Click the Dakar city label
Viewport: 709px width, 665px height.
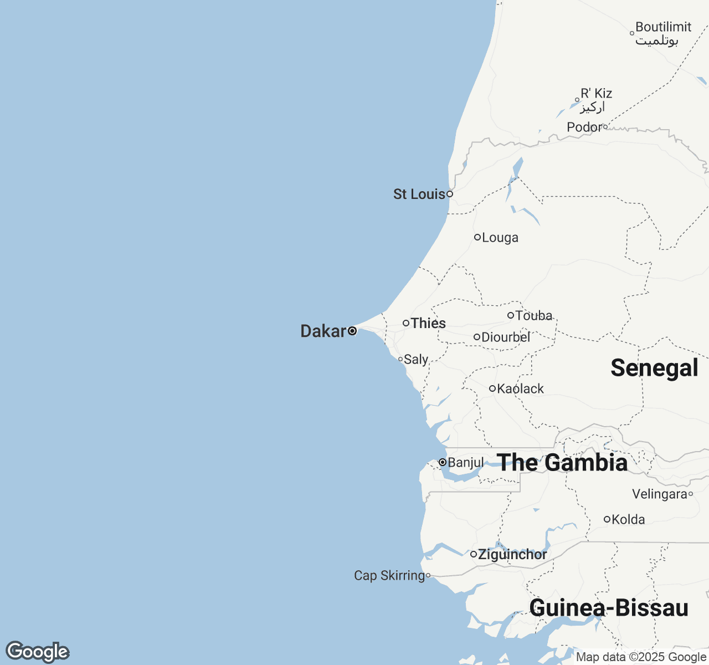tap(323, 331)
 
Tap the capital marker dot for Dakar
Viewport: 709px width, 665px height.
tap(352, 331)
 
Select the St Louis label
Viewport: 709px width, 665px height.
tap(419, 194)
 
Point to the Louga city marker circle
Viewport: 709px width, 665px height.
tap(477, 237)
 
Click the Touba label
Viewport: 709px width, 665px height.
tap(534, 316)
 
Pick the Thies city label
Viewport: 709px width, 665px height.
tap(428, 323)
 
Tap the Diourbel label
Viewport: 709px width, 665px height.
tap(506, 337)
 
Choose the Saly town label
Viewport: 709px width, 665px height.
tap(416, 360)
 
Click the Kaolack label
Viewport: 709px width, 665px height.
tap(520, 389)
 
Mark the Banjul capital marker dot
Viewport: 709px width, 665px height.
tap(443, 462)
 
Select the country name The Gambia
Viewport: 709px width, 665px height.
tap(562, 463)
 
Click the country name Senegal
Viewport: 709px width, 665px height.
tap(654, 368)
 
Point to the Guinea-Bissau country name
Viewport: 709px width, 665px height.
tap(609, 608)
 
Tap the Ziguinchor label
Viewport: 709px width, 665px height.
tap(512, 554)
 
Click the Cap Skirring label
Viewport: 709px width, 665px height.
tap(389, 576)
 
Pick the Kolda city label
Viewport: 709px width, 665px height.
tap(628, 520)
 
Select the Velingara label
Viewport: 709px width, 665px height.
tap(659, 494)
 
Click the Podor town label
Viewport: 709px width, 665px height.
tap(584, 127)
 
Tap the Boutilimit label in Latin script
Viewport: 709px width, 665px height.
tap(663, 27)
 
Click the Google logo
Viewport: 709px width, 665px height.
tap(37, 652)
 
